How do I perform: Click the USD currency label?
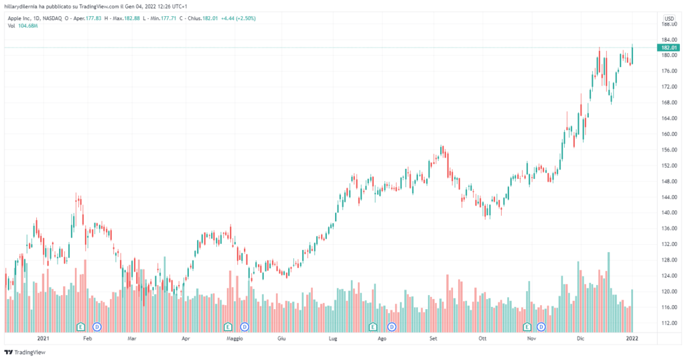669,18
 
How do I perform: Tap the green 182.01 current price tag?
668,48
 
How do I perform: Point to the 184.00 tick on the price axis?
668,40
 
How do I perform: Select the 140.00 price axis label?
668,213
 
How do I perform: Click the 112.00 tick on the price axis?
668,322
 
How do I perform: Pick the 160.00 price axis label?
668,134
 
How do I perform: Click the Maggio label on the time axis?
234,339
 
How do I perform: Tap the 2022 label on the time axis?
631,339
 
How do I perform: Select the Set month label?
433,339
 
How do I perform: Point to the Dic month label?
581,339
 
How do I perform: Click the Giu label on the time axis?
282,339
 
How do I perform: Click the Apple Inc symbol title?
33,19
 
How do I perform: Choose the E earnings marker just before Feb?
81,326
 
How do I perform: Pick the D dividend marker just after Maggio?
245,326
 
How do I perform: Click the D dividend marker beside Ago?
392,326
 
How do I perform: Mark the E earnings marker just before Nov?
527,326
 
